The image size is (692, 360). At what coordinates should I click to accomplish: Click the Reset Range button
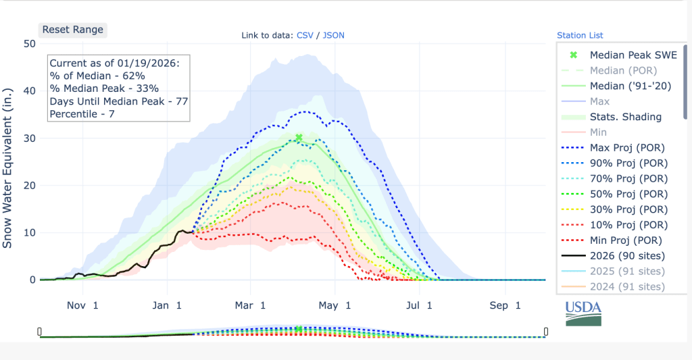[x=73, y=30]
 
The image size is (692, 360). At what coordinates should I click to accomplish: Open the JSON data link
[x=334, y=35]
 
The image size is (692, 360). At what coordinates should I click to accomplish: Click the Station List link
[x=580, y=35]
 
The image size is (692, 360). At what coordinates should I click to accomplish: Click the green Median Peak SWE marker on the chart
[x=299, y=138]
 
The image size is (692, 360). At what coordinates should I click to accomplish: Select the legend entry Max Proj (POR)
[x=626, y=148]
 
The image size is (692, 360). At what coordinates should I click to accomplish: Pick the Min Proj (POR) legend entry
[x=626, y=240]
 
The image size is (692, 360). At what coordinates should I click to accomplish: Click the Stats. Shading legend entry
[x=626, y=117]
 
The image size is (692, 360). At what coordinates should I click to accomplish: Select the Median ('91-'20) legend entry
[x=626, y=86]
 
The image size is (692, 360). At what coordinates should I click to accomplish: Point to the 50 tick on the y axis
[x=29, y=44]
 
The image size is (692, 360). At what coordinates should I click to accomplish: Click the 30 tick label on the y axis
[x=29, y=138]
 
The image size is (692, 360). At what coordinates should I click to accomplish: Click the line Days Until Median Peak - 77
[x=119, y=101]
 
